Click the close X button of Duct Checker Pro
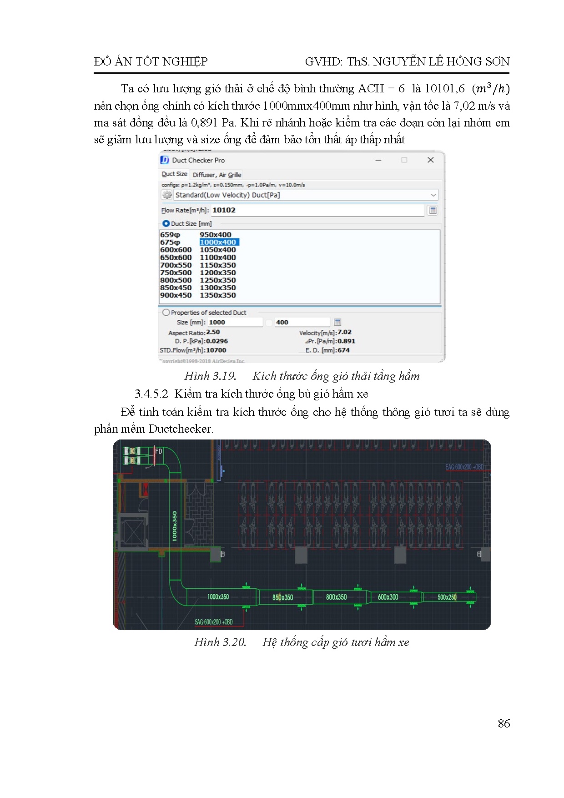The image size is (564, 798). coord(430,160)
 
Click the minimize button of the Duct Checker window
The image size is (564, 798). coord(378,160)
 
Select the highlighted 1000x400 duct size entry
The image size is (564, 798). coord(218,242)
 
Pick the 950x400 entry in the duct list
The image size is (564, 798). coord(216,235)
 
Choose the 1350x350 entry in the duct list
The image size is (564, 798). coord(218,295)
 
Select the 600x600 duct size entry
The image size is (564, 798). coord(176,250)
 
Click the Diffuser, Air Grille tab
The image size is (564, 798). coord(217,175)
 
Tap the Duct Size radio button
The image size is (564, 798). coord(166,223)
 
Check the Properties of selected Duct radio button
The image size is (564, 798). coord(166,313)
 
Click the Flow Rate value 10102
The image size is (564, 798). coord(224,210)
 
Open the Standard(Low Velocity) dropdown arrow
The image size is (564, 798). coord(433,195)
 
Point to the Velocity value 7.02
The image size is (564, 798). coord(344,332)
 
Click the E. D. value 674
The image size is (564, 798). coord(343,350)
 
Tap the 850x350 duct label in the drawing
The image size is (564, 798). coord(282,597)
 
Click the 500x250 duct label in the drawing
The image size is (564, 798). coord(447,597)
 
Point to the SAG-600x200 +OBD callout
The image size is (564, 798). coord(214,622)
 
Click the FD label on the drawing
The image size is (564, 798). coord(159,451)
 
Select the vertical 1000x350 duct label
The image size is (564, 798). coord(175,526)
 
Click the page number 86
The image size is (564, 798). coord(504,724)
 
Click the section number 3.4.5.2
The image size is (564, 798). coord(151,394)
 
